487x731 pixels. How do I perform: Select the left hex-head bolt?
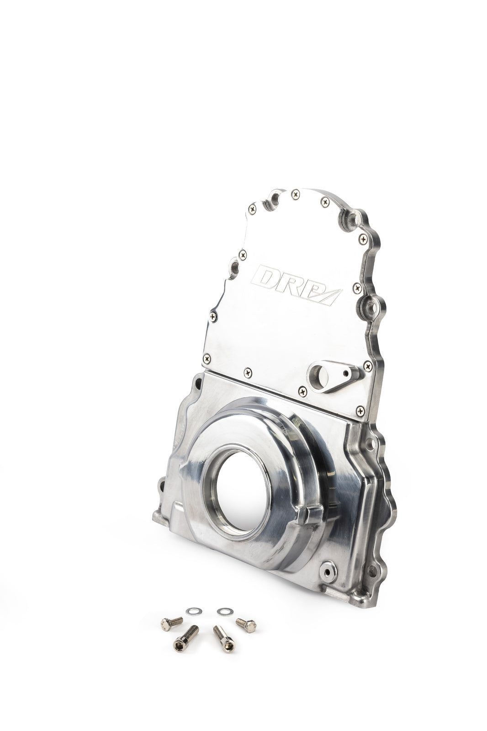click(x=172, y=623)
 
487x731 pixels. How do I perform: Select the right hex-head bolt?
click(x=246, y=624)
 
